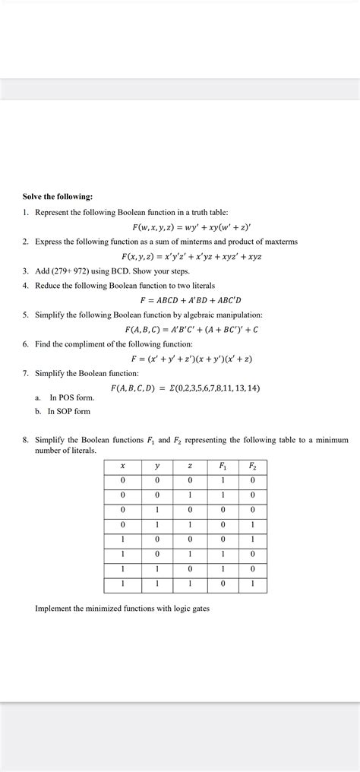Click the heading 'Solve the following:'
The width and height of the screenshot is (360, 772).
tap(57, 197)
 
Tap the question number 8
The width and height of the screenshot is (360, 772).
tap(25, 440)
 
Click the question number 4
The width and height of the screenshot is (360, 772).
tap(25, 286)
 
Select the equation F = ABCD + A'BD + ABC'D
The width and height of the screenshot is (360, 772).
tap(197, 300)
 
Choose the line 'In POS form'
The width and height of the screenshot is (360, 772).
tap(71, 397)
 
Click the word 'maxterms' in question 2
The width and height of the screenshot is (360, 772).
tap(280, 242)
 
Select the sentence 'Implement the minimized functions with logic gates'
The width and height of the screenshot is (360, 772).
tap(122, 609)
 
